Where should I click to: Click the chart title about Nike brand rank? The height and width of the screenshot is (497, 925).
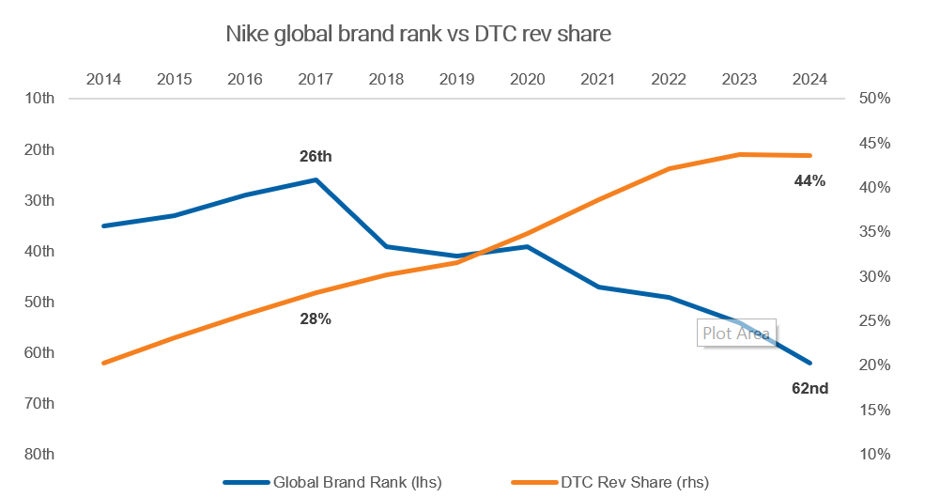(x=418, y=35)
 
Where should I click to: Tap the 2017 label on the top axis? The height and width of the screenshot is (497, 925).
(x=316, y=79)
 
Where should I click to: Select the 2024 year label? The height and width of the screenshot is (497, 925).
(x=809, y=79)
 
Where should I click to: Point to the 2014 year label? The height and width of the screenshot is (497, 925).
(x=103, y=79)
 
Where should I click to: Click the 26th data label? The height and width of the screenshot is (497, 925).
(x=316, y=156)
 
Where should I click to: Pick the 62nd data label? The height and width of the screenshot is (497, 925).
(x=810, y=387)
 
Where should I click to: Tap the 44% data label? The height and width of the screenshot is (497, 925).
(x=809, y=180)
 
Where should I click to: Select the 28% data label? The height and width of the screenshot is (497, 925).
(x=316, y=319)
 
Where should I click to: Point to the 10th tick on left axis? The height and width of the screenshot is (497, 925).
(x=41, y=99)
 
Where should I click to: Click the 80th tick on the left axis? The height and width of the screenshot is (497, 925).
(x=41, y=455)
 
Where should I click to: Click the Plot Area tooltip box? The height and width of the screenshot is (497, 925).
(x=736, y=334)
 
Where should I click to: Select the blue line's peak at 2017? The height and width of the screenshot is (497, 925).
(x=316, y=179)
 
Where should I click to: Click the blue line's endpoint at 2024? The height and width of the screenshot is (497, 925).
(x=809, y=363)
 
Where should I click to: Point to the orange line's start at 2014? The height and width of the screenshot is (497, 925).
(x=103, y=363)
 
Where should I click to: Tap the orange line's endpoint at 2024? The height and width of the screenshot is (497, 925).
(x=809, y=155)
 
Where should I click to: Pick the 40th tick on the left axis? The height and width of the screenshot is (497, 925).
(x=41, y=251)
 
